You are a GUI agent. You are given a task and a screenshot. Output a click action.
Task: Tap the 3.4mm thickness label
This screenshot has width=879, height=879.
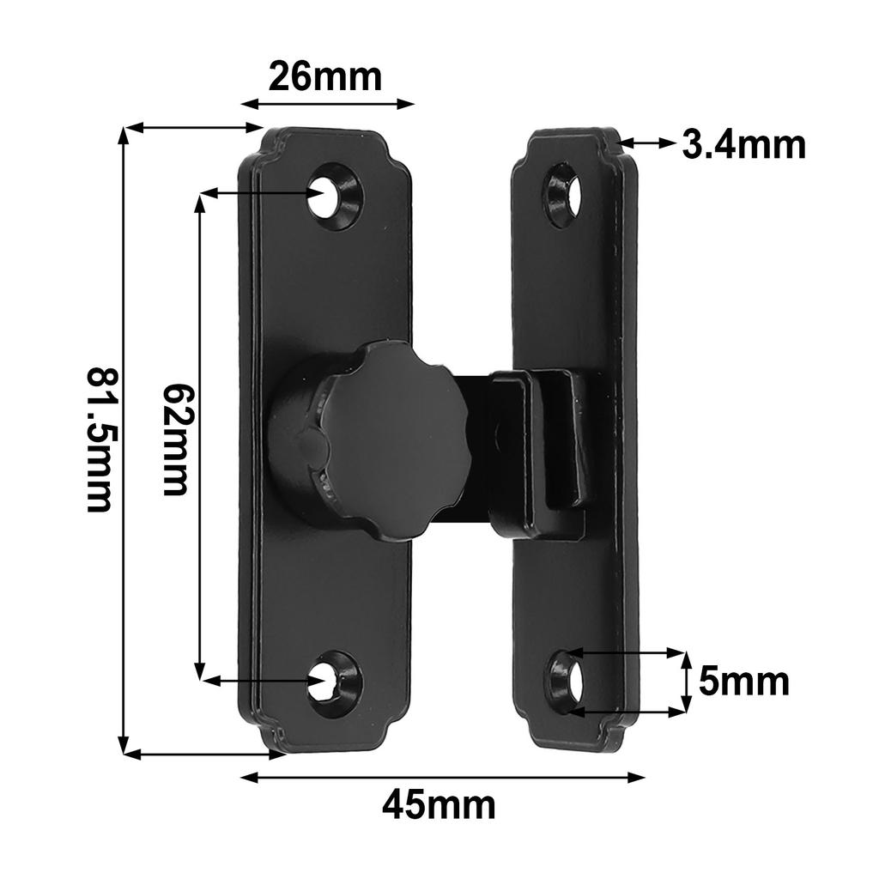point(743,145)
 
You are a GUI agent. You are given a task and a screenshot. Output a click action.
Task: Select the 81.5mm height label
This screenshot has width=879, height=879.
point(100,439)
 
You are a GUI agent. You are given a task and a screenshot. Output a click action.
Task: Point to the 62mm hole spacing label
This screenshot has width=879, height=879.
point(176,439)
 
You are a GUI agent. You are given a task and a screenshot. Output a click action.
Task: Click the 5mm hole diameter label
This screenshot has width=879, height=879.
point(743,682)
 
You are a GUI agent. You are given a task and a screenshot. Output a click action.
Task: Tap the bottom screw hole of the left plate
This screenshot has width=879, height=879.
point(326,682)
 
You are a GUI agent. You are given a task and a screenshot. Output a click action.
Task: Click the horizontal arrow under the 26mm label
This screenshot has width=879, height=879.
point(327,104)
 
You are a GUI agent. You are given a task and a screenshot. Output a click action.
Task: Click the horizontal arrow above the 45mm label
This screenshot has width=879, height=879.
point(442,778)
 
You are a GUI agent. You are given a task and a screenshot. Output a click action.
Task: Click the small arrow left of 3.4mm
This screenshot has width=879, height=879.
point(648,143)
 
